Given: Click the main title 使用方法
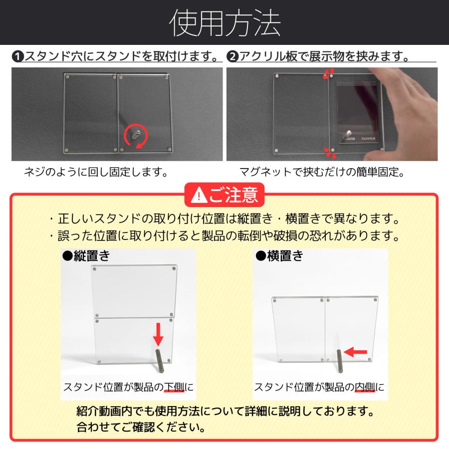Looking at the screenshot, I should coord(224,23).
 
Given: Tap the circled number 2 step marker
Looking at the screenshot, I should coord(232,56).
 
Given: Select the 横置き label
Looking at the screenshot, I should coord(279,256).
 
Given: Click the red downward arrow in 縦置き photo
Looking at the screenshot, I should coord(158,334).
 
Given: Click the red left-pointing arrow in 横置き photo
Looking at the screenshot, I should coord(356,352).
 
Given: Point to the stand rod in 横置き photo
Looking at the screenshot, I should coord(340,361).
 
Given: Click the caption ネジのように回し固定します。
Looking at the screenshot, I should coord(95,173).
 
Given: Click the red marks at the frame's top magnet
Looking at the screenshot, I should coord(328,74).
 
